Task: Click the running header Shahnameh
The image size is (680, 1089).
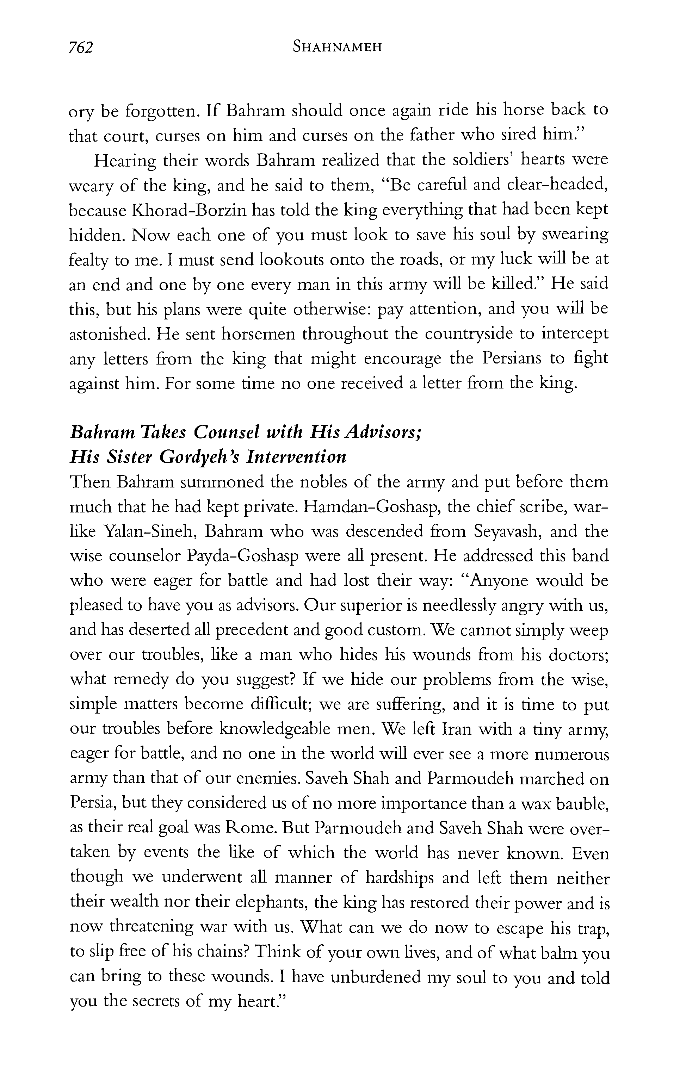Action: click(337, 47)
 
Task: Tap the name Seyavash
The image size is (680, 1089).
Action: click(507, 532)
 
